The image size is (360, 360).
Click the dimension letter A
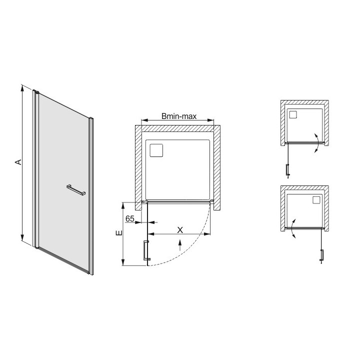[17, 162]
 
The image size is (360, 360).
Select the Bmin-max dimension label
[178, 116]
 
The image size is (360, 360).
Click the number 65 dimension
[129, 219]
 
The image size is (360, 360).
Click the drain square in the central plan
[157, 150]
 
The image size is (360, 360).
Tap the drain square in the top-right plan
[293, 114]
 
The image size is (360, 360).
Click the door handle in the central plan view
[145, 249]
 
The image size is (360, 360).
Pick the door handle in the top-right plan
[287, 170]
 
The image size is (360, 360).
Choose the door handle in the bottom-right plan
[321, 254]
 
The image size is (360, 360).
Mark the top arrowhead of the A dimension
[22, 87]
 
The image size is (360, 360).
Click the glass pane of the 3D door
[62, 150]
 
